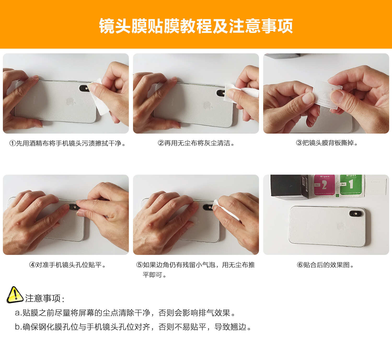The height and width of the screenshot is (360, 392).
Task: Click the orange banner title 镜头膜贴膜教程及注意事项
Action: click(196, 26)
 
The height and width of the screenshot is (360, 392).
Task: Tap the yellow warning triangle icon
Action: click(15, 295)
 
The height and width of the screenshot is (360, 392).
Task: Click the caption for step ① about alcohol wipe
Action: click(68, 143)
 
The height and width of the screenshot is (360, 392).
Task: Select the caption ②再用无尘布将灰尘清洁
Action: click(196, 143)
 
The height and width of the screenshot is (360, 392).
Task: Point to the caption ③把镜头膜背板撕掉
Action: click(326, 143)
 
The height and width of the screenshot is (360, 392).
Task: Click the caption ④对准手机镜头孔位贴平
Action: click(68, 265)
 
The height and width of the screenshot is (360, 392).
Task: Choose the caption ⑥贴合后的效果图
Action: click(326, 265)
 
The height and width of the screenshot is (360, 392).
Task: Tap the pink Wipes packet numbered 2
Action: click(324, 185)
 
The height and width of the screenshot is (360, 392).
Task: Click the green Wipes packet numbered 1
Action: click(351, 185)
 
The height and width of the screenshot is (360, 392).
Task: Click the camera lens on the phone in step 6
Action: click(356, 214)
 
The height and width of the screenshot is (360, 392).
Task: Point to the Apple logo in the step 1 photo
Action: click(70, 101)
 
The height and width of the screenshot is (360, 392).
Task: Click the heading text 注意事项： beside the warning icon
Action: click(45, 298)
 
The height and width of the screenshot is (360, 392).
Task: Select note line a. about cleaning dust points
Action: click(125, 313)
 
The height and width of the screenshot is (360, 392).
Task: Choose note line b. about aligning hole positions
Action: click(133, 327)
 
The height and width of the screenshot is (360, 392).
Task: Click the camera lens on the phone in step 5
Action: click(208, 208)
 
